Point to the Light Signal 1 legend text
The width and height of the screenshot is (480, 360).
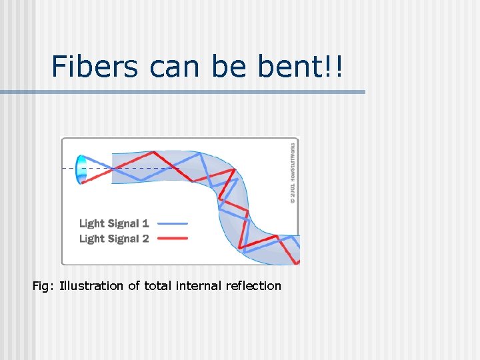pos(114,223)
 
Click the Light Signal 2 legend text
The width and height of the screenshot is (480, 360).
pos(114,239)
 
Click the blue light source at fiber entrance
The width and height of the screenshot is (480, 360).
pos(82,169)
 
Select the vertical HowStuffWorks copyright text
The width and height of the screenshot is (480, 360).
pos(293,171)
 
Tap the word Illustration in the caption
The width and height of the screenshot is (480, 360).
pos(91,286)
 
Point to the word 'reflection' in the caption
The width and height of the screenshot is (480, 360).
pos(255,286)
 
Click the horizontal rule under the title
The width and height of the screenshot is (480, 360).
pos(183,92)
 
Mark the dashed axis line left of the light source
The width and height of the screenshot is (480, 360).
pos(68,169)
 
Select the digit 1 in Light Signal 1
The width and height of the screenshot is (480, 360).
pos(145,223)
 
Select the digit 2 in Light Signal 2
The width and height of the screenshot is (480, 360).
pos(145,239)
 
